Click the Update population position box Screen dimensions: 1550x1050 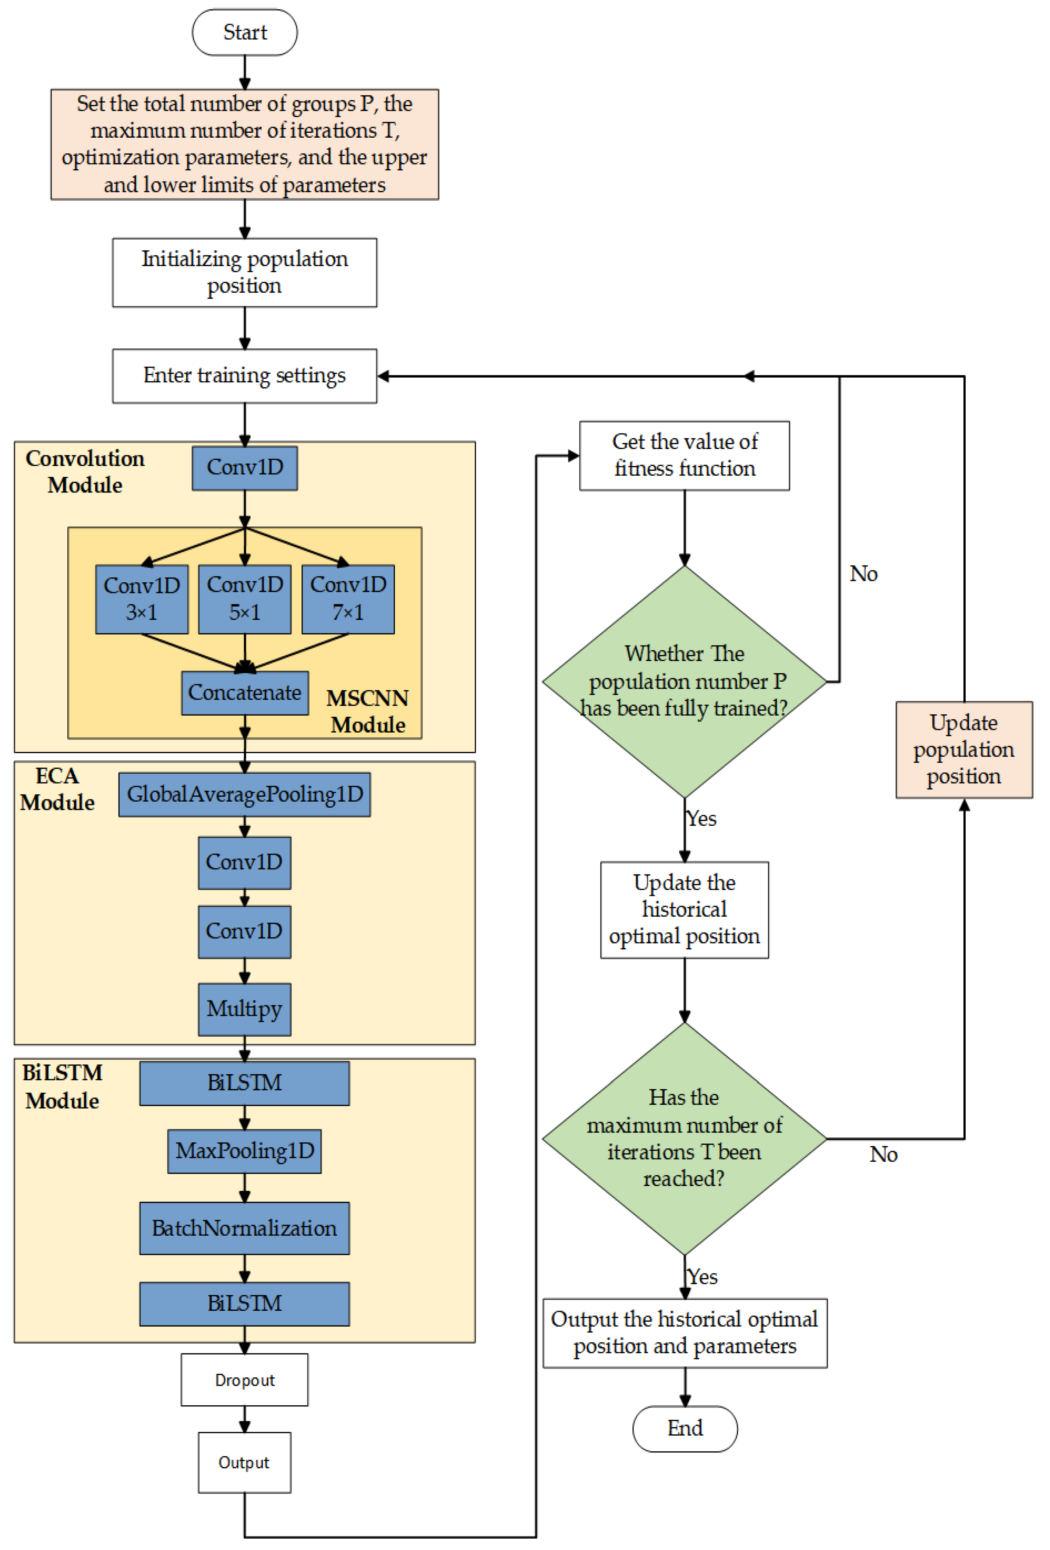coord(964,749)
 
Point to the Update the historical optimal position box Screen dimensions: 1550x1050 coord(684,909)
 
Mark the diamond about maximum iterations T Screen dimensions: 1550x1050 coord(684,1138)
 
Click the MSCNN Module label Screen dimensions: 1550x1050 coord(367,711)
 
